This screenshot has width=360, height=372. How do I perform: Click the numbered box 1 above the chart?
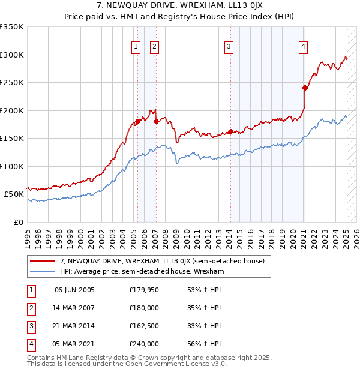tap(136, 46)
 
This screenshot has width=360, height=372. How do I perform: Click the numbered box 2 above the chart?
tap(154, 46)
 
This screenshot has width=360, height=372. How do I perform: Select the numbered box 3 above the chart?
tap(229, 46)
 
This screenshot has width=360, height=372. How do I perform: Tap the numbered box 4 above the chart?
tap(304, 46)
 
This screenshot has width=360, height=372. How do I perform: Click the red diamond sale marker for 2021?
tap(305, 88)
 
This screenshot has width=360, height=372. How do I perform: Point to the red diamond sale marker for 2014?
tap(230, 132)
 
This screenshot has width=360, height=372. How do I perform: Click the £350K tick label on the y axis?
tap(12, 27)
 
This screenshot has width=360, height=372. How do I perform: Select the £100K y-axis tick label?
tap(12, 166)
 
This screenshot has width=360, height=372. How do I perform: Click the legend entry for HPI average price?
tap(142, 271)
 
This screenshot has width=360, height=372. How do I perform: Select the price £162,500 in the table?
tap(144, 326)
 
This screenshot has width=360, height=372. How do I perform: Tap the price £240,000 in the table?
tap(144, 344)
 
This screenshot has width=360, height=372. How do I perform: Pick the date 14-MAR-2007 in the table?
tap(74, 308)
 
